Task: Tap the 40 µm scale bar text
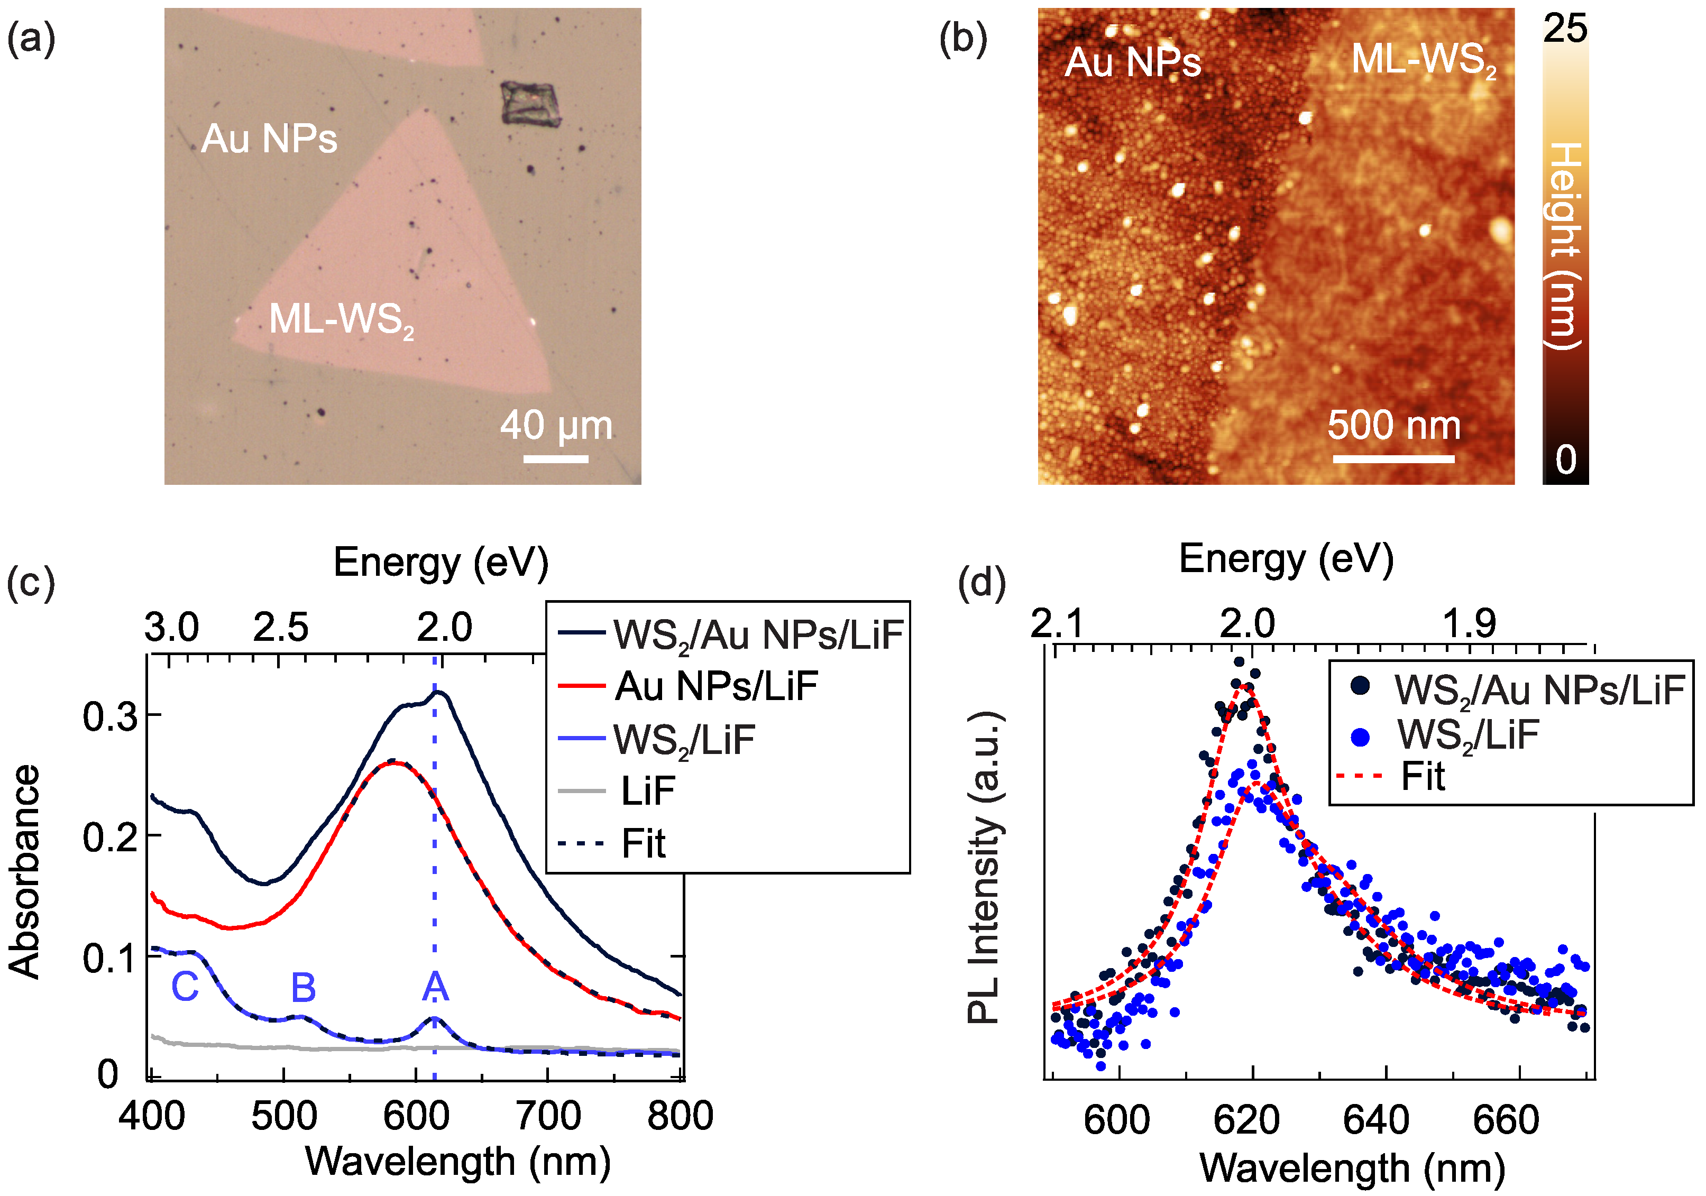[x=556, y=425]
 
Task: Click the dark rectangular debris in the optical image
[x=530, y=103]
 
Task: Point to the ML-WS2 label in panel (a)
[x=341, y=320]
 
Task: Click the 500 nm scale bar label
[x=1394, y=425]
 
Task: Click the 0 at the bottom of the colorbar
[x=1565, y=460]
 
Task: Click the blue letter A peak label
[x=435, y=987]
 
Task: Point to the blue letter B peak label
[x=303, y=987]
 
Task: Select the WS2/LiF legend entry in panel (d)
[x=1467, y=735]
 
